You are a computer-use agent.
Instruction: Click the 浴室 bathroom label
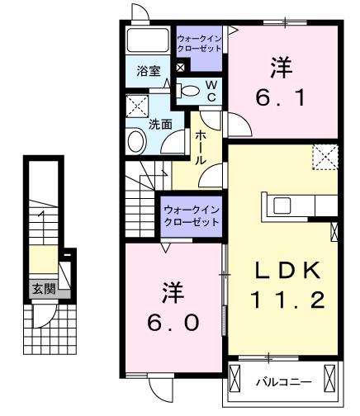point(149,71)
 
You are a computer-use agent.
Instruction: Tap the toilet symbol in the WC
point(187,91)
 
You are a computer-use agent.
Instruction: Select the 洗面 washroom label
point(160,125)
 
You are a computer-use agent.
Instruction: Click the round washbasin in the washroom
point(136,141)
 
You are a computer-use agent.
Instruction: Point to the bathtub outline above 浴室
point(148,40)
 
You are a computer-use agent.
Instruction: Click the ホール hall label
point(201,148)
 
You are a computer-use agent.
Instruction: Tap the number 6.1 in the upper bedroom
point(281,97)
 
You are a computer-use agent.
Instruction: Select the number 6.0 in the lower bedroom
point(173,322)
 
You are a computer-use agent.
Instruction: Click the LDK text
point(287,270)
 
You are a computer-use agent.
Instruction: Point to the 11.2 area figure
point(287,300)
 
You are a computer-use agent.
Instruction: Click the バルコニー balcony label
point(284,381)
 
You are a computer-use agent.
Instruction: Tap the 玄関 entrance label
point(44,289)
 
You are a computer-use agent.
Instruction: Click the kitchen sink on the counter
point(282,206)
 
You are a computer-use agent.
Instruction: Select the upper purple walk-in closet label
point(199,43)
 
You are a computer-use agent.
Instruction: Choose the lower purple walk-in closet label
point(192,216)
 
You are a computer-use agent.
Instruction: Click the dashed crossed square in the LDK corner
point(325,157)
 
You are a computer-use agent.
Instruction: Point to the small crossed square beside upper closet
point(180,68)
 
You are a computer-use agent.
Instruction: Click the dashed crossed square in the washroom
point(137,106)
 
